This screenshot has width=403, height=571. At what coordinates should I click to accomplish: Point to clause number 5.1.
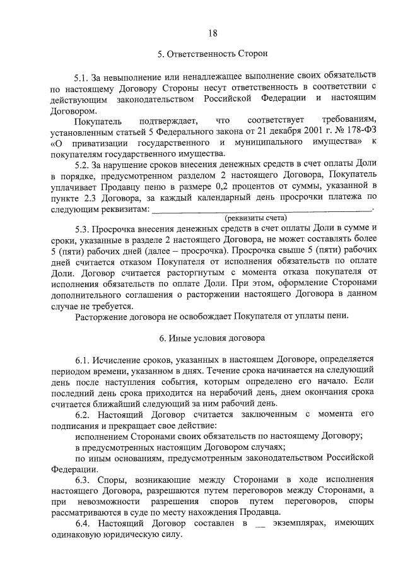click(x=82, y=77)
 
